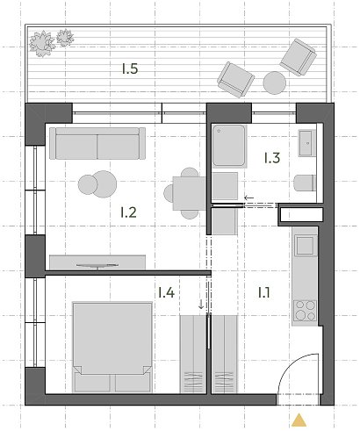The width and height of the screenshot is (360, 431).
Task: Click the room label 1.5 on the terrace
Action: pos(130,68)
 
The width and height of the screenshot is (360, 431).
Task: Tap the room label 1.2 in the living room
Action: pos(128,212)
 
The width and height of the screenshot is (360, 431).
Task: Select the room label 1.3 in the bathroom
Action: pos(272,158)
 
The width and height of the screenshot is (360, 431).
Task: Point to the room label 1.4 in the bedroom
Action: pos(166,292)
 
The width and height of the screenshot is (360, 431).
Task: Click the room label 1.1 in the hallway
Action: pos(264,292)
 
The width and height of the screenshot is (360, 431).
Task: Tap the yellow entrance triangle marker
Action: pos(299,420)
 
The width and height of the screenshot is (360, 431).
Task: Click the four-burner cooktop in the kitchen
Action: pos(306,310)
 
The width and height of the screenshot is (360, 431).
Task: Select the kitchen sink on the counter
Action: pos(306,245)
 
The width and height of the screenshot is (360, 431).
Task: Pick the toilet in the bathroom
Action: pos(305,183)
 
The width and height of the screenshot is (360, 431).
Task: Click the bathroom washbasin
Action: pos(306,143)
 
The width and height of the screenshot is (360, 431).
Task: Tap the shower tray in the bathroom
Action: pos(229,146)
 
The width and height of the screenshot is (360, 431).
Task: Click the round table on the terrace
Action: pos(274,83)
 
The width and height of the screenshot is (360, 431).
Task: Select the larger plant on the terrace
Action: pos(42,43)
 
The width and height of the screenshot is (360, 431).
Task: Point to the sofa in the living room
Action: pos(97,143)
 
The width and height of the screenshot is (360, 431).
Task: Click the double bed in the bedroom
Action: pos(112,347)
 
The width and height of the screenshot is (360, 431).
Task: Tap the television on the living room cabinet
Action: pos(97,265)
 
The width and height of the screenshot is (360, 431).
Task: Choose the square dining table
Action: pos(190,193)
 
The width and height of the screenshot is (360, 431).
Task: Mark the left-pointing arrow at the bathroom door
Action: pos(249,198)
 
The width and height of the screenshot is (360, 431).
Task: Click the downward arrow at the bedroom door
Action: pos(201,305)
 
